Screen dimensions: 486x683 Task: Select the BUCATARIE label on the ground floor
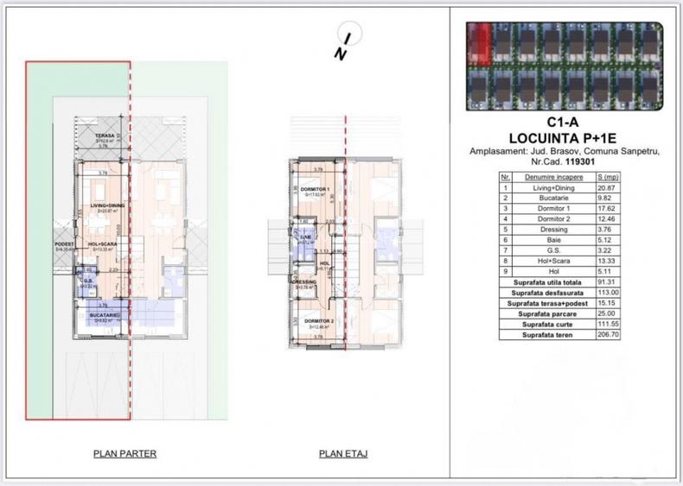click(103, 316)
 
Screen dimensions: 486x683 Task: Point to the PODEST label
click(66, 245)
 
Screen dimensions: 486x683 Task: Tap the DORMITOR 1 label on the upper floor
click(317, 189)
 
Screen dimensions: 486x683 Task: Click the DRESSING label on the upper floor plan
click(304, 281)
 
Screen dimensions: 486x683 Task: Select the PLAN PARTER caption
click(124, 453)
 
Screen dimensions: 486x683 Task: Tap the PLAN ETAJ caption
click(342, 453)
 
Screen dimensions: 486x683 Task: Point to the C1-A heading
click(564, 123)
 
